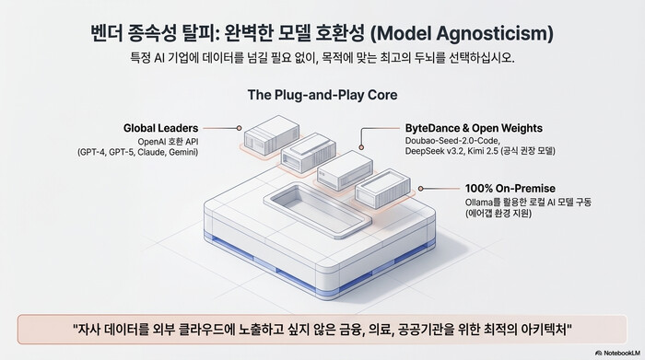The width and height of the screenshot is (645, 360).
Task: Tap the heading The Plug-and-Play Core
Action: coord(322,94)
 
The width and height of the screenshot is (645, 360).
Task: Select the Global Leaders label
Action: coord(161,127)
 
